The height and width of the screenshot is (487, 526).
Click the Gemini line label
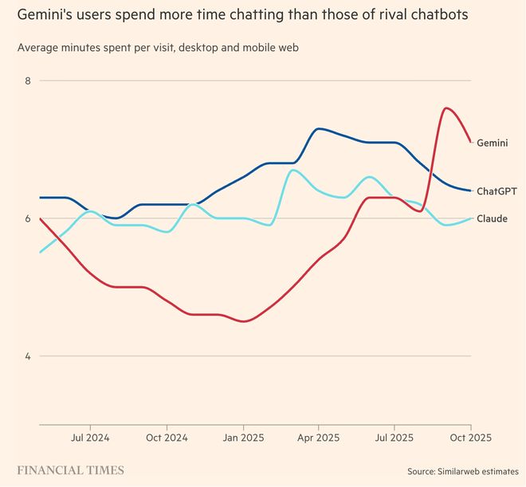click(493, 143)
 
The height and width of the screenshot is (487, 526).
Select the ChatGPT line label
click(497, 191)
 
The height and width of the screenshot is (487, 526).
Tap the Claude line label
click(492, 218)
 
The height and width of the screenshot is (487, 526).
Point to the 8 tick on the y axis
click(27, 81)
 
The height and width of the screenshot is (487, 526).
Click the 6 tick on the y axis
click(27, 218)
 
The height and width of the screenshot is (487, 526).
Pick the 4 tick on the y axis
click(27, 356)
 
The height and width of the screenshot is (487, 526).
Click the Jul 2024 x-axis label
click(90, 438)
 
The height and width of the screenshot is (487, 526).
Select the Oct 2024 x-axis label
click(166, 438)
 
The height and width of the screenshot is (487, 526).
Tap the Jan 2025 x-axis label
click(242, 438)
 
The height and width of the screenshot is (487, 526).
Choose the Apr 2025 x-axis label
click(318, 438)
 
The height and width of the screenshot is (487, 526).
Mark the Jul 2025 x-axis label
click(394, 438)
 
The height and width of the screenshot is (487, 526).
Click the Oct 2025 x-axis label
click(469, 438)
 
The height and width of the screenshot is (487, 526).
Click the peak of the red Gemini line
click(446, 108)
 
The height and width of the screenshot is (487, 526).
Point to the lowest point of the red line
click(243, 321)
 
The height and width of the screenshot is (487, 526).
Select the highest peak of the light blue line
click(292, 170)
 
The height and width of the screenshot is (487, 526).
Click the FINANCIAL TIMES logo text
click(71, 469)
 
